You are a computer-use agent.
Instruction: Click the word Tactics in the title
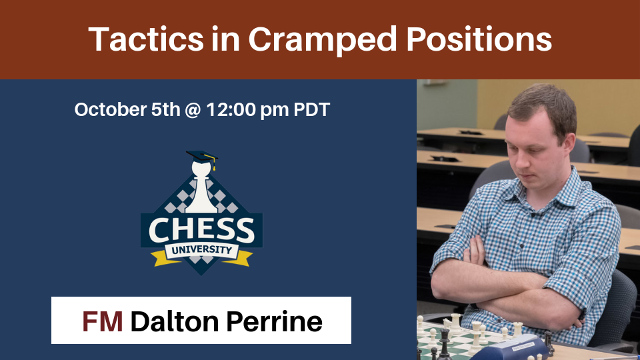(146, 39)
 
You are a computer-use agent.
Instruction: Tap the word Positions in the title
(479, 39)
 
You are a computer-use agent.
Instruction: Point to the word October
(111, 109)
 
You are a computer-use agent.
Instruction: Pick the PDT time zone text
(311, 109)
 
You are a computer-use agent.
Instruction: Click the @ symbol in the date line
(193, 110)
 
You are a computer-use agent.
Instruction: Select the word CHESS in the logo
(201, 230)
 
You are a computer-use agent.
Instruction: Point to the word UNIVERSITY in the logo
(201, 250)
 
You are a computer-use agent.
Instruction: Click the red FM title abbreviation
(103, 321)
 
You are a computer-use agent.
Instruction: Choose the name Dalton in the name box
(175, 321)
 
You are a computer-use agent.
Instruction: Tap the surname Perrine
(274, 321)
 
